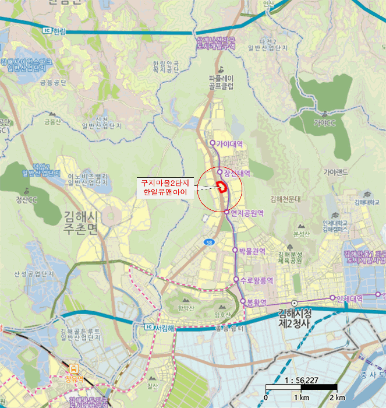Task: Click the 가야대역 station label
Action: (230, 143)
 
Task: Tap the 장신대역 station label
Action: (237, 173)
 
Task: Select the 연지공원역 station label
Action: (247, 213)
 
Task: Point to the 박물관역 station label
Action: (252, 251)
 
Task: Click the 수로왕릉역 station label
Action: (257, 280)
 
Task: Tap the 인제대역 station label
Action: (350, 298)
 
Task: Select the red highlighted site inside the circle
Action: (221, 186)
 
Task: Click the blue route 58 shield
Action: (209, 241)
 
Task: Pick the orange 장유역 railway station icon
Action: (75, 368)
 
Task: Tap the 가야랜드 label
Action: (335, 172)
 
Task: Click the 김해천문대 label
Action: (289, 199)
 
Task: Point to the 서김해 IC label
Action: (165, 328)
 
